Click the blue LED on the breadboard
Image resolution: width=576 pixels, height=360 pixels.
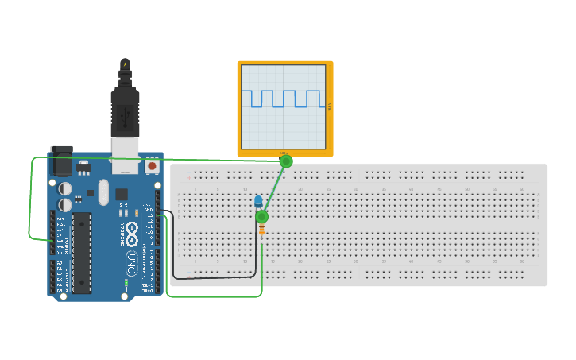258,201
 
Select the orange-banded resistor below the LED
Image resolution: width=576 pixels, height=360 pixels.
262,230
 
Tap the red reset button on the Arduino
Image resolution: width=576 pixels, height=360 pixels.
152,167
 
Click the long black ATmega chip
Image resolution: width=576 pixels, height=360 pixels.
81,252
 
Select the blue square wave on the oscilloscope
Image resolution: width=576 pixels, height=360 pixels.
284,99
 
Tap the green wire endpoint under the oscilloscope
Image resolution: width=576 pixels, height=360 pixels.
286,161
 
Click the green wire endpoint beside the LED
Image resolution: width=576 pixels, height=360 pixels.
262,217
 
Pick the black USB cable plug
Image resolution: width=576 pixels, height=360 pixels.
125,111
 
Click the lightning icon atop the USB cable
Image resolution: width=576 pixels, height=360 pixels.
125,64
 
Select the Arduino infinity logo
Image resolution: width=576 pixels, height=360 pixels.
132,231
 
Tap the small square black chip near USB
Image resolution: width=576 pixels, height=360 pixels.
122,194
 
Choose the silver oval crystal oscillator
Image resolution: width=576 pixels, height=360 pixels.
102,192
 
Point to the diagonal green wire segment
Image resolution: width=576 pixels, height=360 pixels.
274,189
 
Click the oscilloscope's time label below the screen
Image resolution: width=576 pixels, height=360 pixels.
284,153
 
